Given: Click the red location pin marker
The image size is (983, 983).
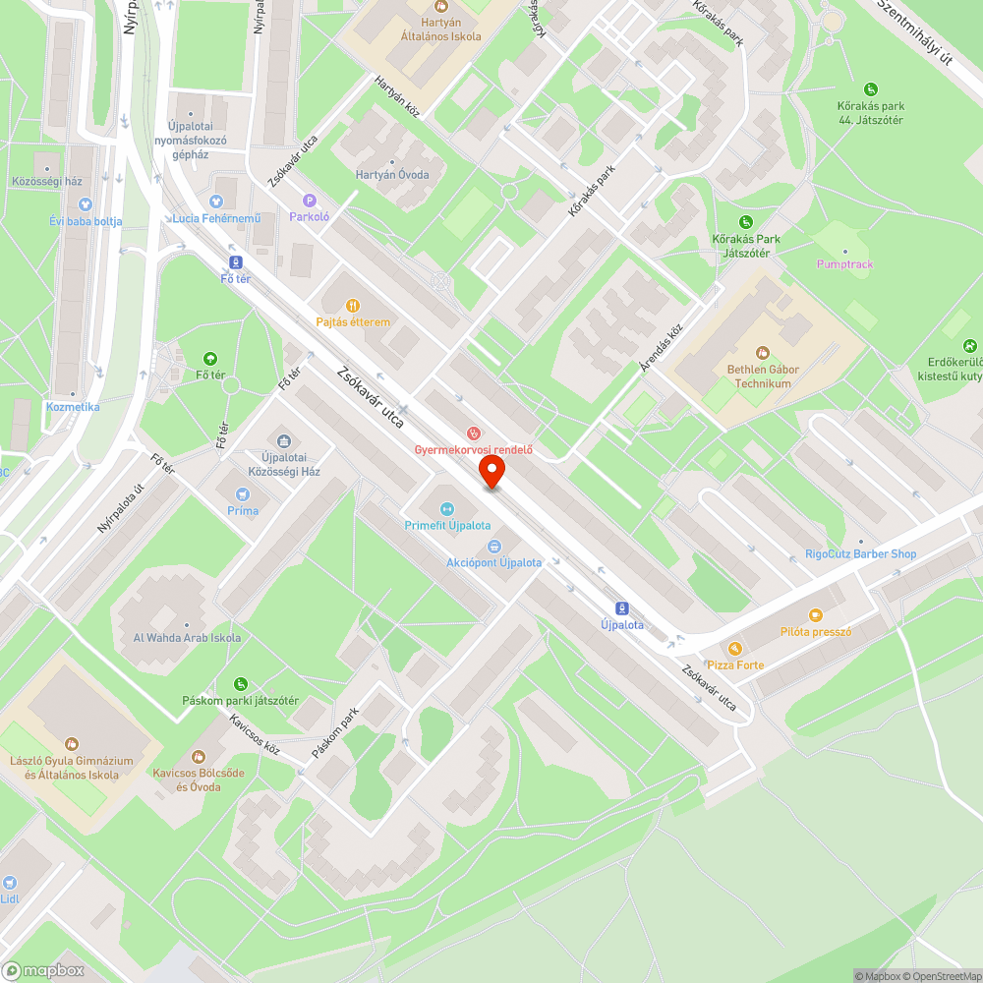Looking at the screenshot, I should (491, 473).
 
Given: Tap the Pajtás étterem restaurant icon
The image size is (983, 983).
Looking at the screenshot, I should (353, 305).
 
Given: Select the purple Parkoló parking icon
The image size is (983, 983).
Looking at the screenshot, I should (309, 201).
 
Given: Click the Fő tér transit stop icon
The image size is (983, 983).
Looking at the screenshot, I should (235, 262).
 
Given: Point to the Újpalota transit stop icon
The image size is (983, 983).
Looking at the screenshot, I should (621, 607).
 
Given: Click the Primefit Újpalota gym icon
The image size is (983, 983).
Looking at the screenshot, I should (447, 508).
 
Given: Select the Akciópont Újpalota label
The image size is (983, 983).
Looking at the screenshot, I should (493, 562).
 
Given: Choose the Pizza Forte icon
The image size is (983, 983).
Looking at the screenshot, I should (734, 649).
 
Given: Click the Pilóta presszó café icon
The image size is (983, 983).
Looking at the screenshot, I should (815, 615).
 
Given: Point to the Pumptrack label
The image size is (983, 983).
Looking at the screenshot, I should (844, 264).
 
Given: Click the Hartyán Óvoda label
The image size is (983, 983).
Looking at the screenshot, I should (392, 175).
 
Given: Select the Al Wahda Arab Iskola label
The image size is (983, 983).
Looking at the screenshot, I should (187, 638).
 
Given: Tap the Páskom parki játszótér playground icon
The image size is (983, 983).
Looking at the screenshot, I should (241, 684).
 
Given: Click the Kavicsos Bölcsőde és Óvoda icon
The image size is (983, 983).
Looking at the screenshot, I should (200, 756).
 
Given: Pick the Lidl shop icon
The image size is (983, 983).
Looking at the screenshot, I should (10, 882).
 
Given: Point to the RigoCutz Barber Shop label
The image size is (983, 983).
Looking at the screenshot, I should (860, 553).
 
